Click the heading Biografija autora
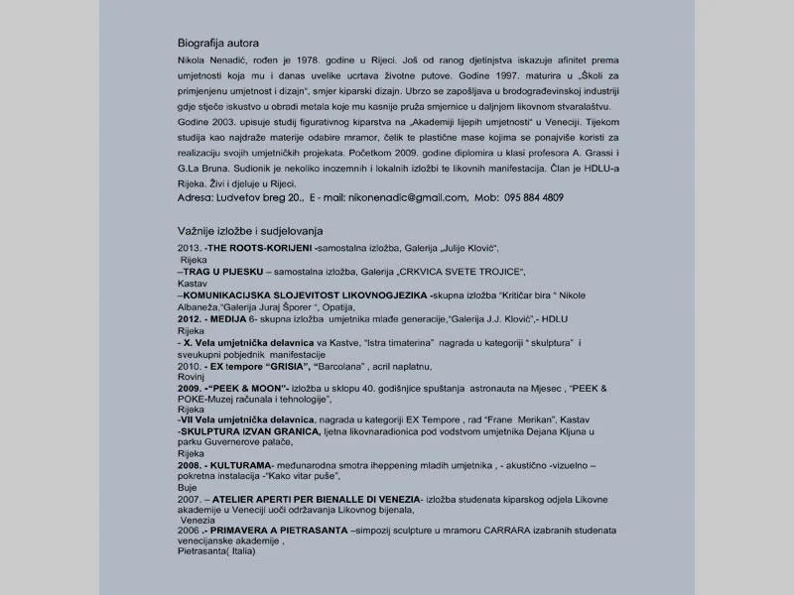tap(218, 44)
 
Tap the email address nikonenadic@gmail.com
tap(406, 197)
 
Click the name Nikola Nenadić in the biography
tap(207, 60)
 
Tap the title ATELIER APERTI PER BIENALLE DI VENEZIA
tap(316, 497)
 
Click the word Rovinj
tap(191, 376)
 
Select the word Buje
tap(188, 488)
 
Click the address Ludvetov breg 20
tap(258, 197)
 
